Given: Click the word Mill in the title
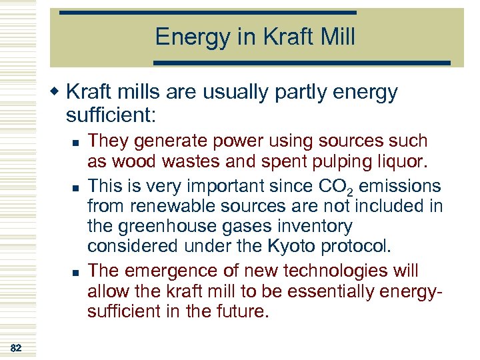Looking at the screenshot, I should pyautogui.click(x=337, y=37).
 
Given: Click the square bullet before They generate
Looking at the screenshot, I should pyautogui.click(x=78, y=142).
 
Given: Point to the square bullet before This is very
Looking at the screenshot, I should pyautogui.click(x=78, y=185).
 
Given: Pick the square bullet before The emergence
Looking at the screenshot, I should pyautogui.click(x=78, y=272).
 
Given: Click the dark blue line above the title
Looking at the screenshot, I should pyautogui.click(x=207, y=12).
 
